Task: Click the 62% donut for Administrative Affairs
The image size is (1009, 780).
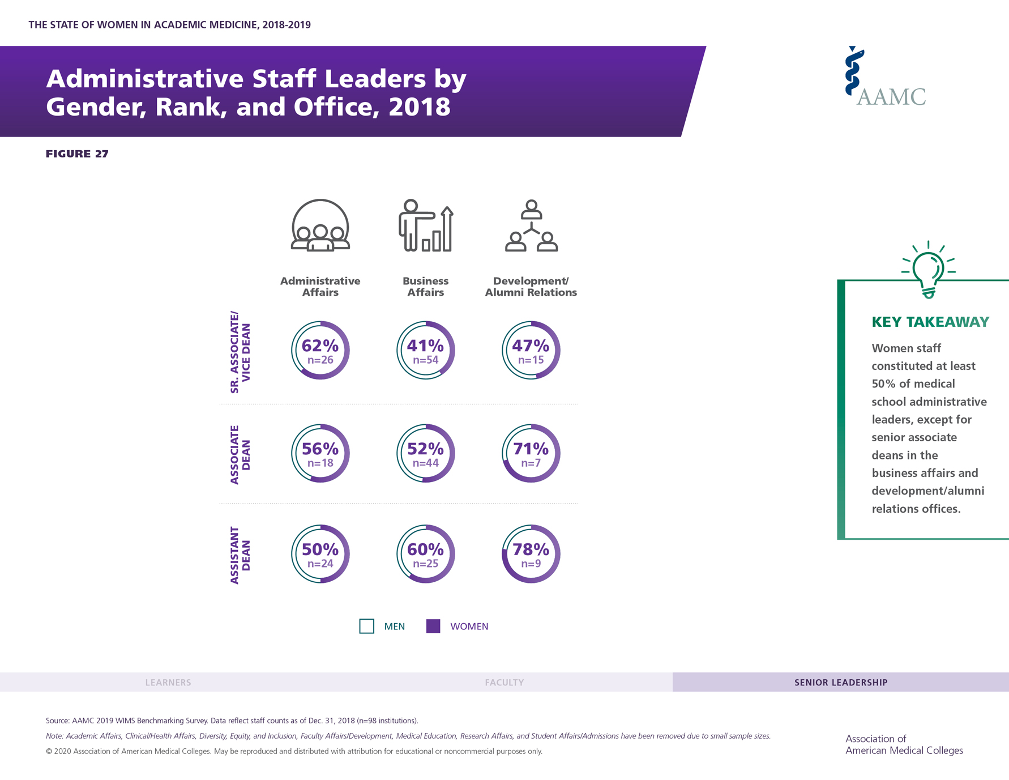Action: coord(320,351)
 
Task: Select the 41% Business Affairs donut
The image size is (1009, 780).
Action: coord(426,351)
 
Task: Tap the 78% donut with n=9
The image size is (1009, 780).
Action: coord(531,554)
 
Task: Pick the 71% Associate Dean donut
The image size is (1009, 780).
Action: coord(531,453)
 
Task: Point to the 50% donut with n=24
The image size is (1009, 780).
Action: coord(320,554)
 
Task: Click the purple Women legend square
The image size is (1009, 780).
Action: coord(433,626)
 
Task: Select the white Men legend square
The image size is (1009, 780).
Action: coord(367,626)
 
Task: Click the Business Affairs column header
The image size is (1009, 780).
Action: coord(426,287)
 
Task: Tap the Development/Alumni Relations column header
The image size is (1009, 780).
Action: coord(531,287)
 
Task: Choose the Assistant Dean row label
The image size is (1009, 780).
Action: coord(240,555)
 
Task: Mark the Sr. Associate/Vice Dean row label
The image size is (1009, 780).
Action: coord(240,352)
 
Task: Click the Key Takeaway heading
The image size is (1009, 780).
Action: coord(930,322)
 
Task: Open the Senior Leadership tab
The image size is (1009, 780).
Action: coord(841,683)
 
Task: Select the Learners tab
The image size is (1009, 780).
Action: coord(168,683)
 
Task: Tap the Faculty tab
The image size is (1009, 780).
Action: coord(504,683)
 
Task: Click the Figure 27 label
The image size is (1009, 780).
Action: coord(77,154)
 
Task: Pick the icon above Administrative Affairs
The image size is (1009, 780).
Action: coord(320,225)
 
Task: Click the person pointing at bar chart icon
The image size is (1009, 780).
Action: coord(426,225)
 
